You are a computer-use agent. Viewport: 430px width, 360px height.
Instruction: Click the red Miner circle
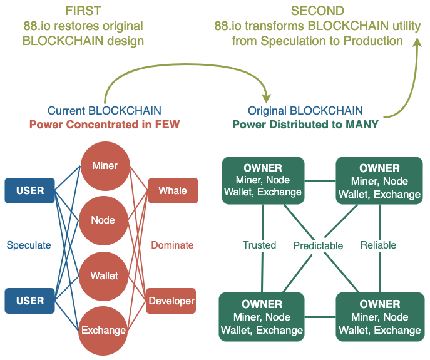[x=105, y=166]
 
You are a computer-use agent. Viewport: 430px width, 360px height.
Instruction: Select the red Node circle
[x=103, y=220]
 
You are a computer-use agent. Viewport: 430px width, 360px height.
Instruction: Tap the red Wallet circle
[x=103, y=276]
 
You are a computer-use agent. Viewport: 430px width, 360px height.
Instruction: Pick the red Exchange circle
[x=103, y=331]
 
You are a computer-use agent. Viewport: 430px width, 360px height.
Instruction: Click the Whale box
[x=173, y=190]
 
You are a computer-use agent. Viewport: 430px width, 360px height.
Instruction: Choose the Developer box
[x=171, y=301]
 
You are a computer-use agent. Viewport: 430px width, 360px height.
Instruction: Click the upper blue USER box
[x=30, y=190]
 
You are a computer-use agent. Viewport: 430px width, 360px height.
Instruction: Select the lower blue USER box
[x=30, y=301]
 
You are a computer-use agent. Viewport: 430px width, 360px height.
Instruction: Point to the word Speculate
[x=29, y=245]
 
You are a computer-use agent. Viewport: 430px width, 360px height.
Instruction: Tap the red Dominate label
[x=172, y=245]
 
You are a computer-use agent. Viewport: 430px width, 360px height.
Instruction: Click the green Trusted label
[x=259, y=245]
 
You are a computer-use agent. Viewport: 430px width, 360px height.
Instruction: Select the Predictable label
[x=318, y=245]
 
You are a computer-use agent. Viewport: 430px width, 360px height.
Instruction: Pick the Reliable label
[x=379, y=245]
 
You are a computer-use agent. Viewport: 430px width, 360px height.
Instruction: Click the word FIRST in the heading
[x=83, y=11]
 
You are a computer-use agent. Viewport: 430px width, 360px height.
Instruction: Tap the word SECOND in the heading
[x=317, y=11]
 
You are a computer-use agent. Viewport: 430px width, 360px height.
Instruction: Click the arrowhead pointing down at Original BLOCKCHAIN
[x=266, y=98]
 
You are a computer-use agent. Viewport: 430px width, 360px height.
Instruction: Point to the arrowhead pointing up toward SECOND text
[x=417, y=43]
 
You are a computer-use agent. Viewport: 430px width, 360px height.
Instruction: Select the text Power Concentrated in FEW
[x=105, y=125]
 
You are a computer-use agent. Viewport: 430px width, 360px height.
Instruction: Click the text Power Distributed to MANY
[x=305, y=125]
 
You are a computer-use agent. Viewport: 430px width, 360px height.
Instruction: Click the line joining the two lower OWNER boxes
[x=320, y=317]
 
